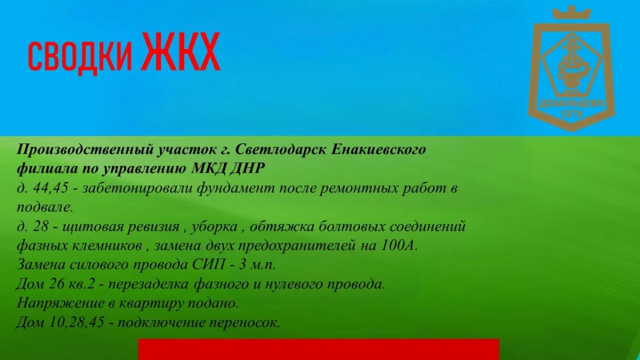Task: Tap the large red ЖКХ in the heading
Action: [181, 51]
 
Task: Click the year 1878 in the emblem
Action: [572, 114]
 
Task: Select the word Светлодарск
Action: [281, 150]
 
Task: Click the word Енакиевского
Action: [378, 150]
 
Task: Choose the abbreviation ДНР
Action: [246, 169]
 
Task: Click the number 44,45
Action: [51, 188]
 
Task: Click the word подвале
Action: [45, 207]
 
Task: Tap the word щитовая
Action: [93, 227]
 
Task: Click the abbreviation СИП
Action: [209, 265]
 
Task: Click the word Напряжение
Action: [60, 303]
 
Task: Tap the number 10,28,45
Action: [77, 323]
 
